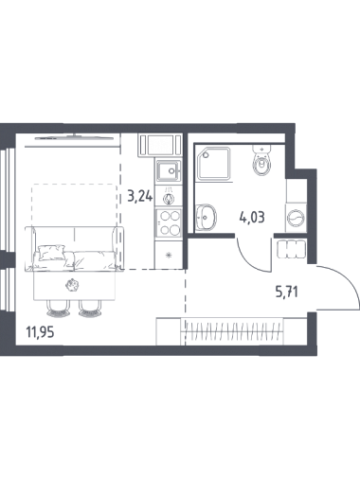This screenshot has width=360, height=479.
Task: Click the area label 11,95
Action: (40, 332)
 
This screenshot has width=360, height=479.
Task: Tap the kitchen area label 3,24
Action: (140, 197)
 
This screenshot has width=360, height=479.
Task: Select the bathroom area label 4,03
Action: (252, 218)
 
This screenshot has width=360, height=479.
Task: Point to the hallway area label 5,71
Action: (287, 293)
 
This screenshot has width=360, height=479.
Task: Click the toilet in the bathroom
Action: (261, 160)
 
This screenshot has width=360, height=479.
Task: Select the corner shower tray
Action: (214, 164)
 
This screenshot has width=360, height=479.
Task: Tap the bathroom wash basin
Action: (206, 217)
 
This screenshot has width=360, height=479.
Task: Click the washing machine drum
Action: (297, 218)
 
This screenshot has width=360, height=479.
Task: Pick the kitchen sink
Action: (169, 170)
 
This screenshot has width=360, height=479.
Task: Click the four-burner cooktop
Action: (168, 222)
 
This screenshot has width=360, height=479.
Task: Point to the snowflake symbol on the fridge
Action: (170, 255)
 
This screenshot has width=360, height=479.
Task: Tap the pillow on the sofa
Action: (51, 253)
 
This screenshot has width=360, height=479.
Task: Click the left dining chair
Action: (58, 309)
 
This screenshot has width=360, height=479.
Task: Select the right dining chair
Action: (90, 309)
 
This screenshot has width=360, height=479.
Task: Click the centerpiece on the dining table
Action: (72, 285)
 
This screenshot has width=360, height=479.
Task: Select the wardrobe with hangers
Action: (233, 331)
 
